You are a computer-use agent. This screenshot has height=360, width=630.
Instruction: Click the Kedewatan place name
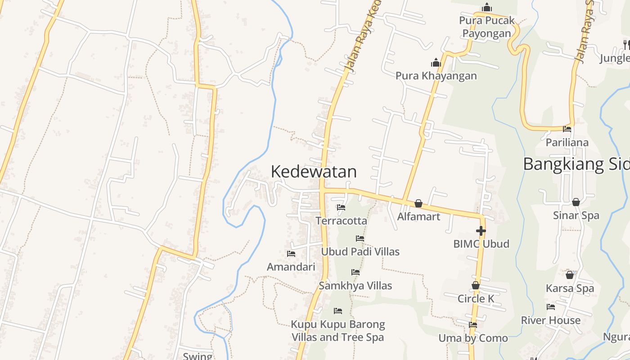pos(314,171)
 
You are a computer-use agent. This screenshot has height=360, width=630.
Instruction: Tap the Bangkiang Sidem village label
pos(576,164)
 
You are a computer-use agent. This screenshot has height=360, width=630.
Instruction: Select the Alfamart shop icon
pos(418,203)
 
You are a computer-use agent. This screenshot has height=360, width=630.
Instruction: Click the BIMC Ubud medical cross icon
pos(481,231)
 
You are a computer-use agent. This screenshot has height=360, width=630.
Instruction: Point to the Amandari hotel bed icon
pos(291,254)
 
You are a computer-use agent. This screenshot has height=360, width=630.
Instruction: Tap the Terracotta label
pos(341,221)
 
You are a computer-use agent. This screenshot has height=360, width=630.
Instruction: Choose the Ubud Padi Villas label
pos(360,252)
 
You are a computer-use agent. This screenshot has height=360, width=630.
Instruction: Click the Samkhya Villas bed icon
pos(355,272)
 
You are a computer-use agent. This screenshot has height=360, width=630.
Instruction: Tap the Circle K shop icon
pos(476,285)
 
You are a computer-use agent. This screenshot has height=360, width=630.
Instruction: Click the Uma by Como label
pos(473,338)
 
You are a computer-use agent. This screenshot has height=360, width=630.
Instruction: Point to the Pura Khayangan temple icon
pos(436,63)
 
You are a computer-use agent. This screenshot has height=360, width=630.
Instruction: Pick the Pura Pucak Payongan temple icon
pos(486,8)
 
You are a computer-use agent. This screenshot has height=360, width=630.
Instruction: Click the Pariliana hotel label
pos(567,143)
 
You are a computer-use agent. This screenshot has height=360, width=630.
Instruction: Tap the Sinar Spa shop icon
pos(576,202)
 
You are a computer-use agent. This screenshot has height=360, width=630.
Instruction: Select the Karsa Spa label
pos(570,288)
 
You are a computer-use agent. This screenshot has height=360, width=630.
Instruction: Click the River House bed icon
pos(551,307)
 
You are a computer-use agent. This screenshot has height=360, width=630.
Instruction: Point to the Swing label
pos(198,356)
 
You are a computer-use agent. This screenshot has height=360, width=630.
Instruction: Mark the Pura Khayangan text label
pos(436,76)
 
